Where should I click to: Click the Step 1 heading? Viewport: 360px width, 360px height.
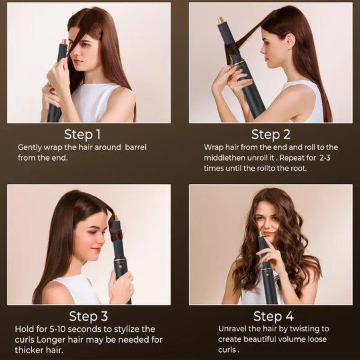click(x=83, y=134)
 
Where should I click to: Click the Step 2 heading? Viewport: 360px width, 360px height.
click(x=271, y=134)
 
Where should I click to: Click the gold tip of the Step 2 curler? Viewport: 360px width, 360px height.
click(x=220, y=21)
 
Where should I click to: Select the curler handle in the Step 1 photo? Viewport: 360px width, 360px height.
click(x=55, y=107)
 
